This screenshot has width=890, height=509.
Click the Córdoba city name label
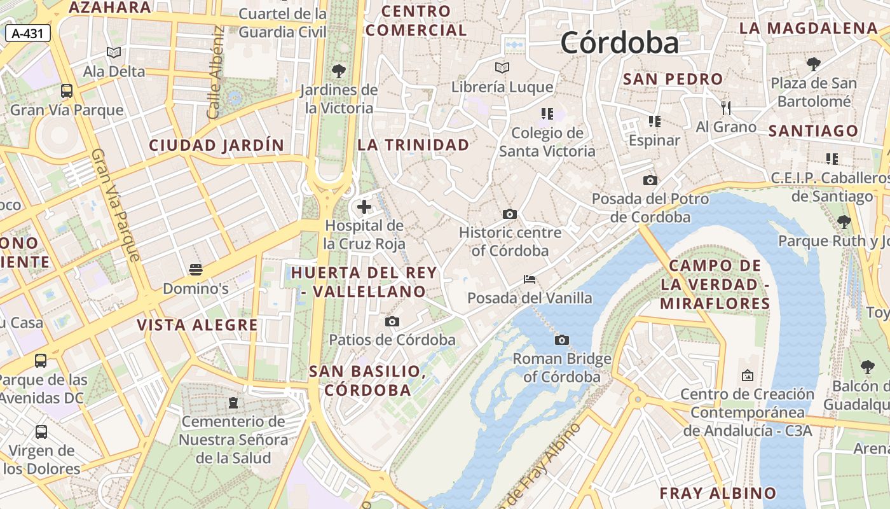click(619, 43)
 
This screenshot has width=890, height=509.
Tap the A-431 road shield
click(28, 34)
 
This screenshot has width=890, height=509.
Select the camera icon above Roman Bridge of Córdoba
click(562, 340)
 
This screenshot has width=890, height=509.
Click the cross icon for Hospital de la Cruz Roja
click(364, 207)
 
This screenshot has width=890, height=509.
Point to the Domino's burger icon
click(196, 270)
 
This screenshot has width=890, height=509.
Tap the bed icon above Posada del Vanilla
click(529, 279)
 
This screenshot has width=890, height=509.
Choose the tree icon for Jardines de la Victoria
click(339, 71)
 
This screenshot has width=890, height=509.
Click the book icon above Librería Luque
click(502, 67)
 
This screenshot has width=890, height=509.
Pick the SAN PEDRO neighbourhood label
click(673, 80)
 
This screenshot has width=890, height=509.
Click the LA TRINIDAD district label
click(413, 145)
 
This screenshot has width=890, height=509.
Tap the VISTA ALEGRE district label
click(198, 325)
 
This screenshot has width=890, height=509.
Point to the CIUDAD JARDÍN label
click(216, 145)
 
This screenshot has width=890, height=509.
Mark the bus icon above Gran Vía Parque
click(67, 91)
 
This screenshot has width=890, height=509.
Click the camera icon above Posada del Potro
click(650, 180)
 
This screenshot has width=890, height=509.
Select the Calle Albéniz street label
click(216, 73)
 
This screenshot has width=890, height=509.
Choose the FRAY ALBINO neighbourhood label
click(718, 493)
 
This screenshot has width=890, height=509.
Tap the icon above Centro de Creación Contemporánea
click(747, 375)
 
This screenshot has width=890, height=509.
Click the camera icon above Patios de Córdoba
click(392, 321)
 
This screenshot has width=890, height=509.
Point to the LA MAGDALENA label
click(808, 29)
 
